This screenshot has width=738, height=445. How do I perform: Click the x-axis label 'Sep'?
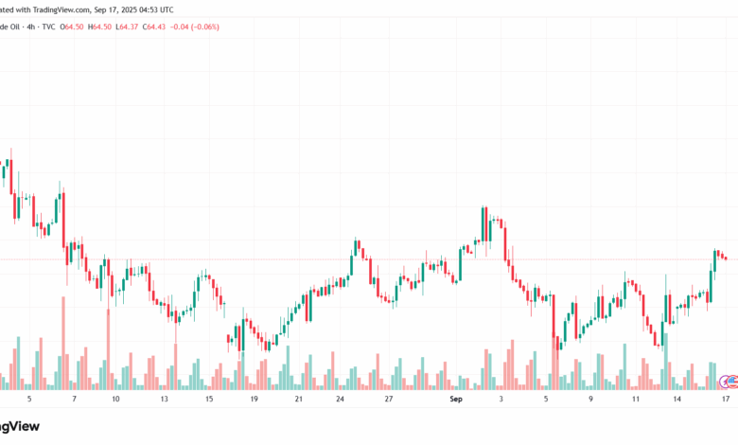[x=456, y=400]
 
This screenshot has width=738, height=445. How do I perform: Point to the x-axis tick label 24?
[x=340, y=400]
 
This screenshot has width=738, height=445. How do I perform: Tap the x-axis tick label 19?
[x=254, y=400]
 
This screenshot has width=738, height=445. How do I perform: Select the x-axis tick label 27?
[x=389, y=400]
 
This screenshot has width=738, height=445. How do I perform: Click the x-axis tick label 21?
[x=298, y=400]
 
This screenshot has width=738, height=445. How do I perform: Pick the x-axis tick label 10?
[x=115, y=400]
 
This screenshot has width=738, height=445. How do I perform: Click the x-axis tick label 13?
[x=164, y=400]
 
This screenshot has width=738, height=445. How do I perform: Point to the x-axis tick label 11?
[x=636, y=400]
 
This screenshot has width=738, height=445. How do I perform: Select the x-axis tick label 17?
[x=725, y=400]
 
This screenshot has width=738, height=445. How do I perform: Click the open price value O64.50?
[x=72, y=27]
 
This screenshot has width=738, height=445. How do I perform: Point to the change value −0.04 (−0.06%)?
[x=197, y=27]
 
